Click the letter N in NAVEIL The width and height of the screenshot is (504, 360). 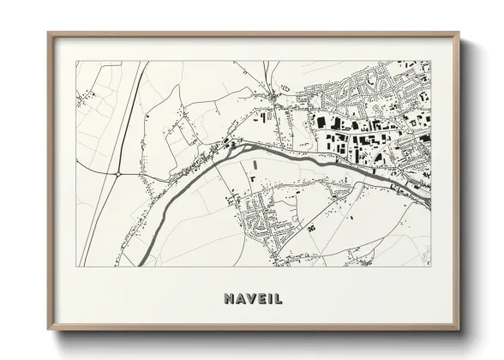coord(228,299)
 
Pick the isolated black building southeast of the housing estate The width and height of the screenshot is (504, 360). coord(312,227)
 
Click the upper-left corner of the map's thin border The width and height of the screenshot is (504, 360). coord(75,61)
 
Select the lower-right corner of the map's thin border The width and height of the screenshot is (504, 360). coord(430,266)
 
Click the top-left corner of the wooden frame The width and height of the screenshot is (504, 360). coord(48,33)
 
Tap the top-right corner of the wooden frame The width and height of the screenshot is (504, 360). coord(459,33)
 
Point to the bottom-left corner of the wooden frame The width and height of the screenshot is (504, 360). coord(48,330)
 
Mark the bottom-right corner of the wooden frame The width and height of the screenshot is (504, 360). coord(459,330)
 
